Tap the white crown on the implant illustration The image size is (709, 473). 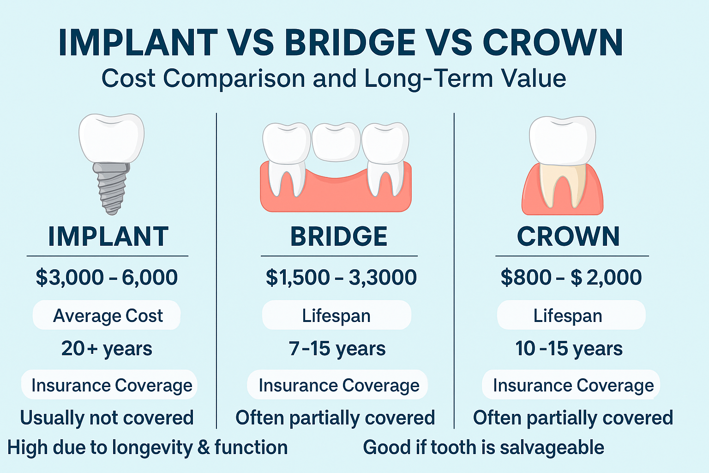tap(111, 138)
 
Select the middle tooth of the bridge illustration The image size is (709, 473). tap(336, 142)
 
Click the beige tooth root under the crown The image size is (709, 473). tap(563, 186)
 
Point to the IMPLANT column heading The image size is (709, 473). tap(108, 236)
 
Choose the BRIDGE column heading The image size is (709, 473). tap(339, 236)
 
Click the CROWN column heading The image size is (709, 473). tap(568, 236)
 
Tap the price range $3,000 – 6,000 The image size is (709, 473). tap(107, 278)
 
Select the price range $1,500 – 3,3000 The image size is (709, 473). tap(341, 278)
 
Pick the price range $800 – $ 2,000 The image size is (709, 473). tap(571, 278)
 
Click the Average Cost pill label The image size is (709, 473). tap(107, 315)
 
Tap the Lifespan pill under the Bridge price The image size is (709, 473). tap(336, 315)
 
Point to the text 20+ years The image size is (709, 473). tap(107, 349)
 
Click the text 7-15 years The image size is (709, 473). tap(337, 349)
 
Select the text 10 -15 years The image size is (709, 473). tap(569, 349)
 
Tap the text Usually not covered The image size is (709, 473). tap(107, 418)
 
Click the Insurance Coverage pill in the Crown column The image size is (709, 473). tap(571, 385)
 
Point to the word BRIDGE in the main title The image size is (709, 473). tap(350, 43)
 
